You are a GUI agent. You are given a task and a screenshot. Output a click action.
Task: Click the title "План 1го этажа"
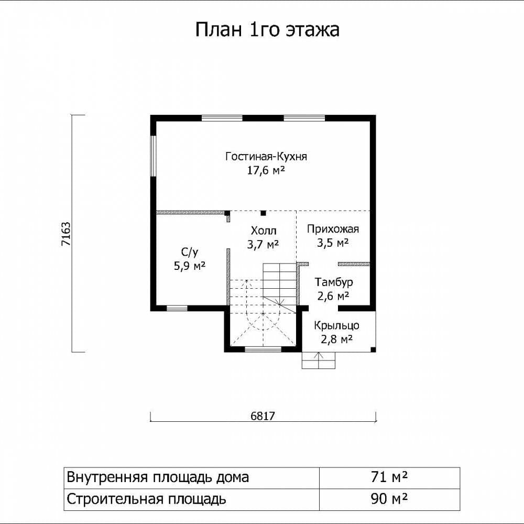(x=267, y=30)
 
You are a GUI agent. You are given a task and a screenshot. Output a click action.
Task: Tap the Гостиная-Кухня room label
(x=266, y=156)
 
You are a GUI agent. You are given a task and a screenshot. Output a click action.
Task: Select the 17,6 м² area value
(x=266, y=170)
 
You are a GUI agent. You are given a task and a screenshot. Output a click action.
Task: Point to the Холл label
(x=264, y=231)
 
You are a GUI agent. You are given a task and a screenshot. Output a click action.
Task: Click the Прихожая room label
(x=333, y=230)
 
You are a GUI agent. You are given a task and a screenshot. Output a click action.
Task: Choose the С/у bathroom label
(x=190, y=253)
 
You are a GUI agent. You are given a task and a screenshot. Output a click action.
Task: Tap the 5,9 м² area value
(x=190, y=266)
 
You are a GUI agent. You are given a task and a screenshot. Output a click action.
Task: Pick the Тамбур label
(x=334, y=282)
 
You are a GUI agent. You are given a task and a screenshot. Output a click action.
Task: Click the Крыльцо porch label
(x=336, y=325)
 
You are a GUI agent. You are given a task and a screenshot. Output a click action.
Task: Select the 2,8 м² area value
(x=336, y=339)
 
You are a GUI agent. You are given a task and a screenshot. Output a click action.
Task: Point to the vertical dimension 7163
(x=66, y=234)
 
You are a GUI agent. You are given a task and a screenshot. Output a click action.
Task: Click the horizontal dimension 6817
(x=263, y=416)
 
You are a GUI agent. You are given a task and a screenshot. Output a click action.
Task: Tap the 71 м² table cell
(x=389, y=477)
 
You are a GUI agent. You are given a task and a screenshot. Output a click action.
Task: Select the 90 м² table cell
(x=389, y=499)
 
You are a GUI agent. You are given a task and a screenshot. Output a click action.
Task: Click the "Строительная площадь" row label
(x=146, y=499)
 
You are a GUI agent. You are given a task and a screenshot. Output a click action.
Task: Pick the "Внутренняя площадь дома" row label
(x=158, y=477)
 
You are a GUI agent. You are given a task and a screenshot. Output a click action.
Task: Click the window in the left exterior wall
(x=154, y=156)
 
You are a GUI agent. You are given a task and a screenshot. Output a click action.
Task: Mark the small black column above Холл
(x=264, y=213)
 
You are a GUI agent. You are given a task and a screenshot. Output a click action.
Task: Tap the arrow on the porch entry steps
(x=319, y=361)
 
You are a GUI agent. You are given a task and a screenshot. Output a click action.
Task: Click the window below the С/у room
(x=177, y=308)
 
